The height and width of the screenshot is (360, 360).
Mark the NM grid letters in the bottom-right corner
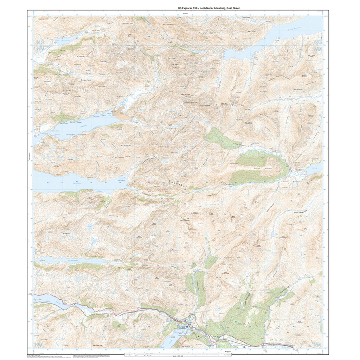(x=318, y=345)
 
